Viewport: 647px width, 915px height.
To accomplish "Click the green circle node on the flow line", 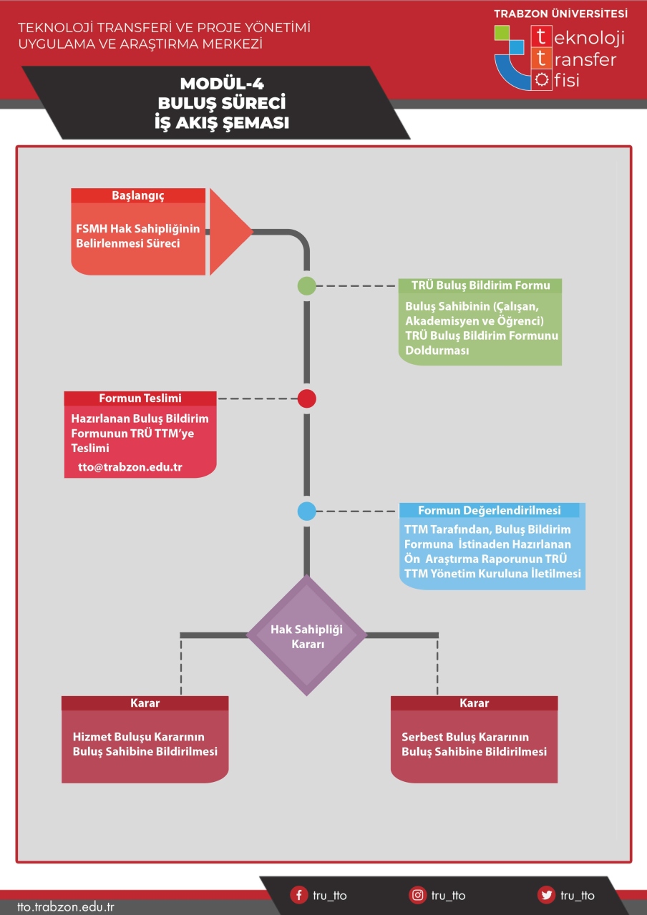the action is [x=306, y=285].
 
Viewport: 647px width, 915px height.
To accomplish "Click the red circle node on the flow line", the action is [x=306, y=398].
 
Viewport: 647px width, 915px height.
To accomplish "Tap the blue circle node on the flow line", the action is [x=306, y=511].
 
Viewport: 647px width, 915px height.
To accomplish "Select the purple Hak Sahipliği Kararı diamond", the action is [x=306, y=635].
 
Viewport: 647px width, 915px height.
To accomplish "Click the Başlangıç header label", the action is [x=138, y=196].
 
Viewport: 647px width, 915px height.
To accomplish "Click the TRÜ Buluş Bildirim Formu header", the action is [x=480, y=285].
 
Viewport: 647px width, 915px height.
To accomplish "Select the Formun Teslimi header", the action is [x=140, y=398].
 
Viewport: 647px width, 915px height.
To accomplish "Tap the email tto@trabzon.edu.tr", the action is [x=130, y=467].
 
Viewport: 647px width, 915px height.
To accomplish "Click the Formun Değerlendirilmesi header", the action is [x=490, y=510].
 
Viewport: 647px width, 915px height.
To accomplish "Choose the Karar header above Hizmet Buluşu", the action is [x=145, y=703].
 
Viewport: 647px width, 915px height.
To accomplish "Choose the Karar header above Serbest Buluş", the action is [x=474, y=703].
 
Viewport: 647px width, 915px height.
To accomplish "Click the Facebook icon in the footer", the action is [x=298, y=896].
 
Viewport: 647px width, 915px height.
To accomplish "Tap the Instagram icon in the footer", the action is [x=417, y=896].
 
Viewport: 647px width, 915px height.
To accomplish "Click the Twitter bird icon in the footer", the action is [x=547, y=896].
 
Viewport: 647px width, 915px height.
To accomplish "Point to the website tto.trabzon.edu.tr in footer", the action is [x=65, y=907].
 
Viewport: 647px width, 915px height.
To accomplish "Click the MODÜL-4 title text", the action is [x=222, y=84].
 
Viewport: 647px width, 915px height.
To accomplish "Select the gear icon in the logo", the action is [x=542, y=79].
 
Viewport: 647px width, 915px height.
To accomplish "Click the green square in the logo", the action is [x=502, y=33].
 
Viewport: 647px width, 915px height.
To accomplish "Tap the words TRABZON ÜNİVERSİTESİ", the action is [x=560, y=14].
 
